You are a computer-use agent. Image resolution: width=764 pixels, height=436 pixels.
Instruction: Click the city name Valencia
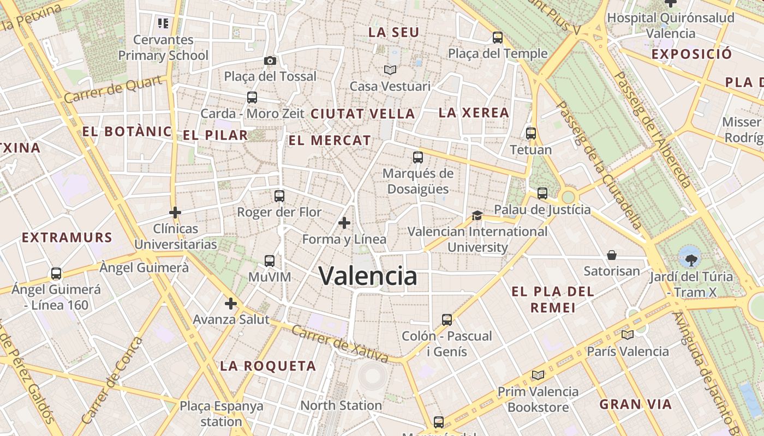coord(368,276)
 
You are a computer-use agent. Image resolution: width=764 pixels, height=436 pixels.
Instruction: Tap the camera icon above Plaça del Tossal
coord(270,60)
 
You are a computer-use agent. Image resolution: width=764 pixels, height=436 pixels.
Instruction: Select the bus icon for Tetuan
coord(530,134)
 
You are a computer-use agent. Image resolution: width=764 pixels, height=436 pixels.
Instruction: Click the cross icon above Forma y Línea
coord(344,223)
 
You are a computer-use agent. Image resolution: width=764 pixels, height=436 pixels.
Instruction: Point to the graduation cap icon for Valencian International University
coord(477,216)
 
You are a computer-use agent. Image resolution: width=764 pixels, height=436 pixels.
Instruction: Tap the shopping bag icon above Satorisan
coord(612,255)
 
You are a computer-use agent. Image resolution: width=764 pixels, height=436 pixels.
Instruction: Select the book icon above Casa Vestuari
coord(390,70)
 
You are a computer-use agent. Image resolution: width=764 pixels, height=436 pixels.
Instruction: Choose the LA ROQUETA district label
coord(268,366)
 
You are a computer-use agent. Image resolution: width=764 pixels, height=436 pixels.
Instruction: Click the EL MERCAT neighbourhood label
coord(330,141)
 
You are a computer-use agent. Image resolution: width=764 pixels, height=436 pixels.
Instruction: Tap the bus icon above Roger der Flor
coord(279,196)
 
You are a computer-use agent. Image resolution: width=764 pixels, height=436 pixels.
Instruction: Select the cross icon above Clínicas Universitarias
coord(175,212)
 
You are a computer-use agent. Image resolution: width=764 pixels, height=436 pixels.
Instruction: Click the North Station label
coord(341,405)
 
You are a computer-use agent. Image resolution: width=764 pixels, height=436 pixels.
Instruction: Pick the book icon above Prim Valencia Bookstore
coord(538,375)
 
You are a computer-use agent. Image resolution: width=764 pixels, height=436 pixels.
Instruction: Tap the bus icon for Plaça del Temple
coord(497,38)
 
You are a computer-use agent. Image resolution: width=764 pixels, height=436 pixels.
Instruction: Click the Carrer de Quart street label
coord(114,89)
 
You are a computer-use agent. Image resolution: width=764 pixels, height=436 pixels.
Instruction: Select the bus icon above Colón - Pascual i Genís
coord(447,320)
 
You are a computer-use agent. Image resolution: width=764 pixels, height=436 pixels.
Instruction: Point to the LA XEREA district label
coord(474,113)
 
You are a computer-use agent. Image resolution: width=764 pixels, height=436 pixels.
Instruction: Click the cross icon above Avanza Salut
coord(231,303)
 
